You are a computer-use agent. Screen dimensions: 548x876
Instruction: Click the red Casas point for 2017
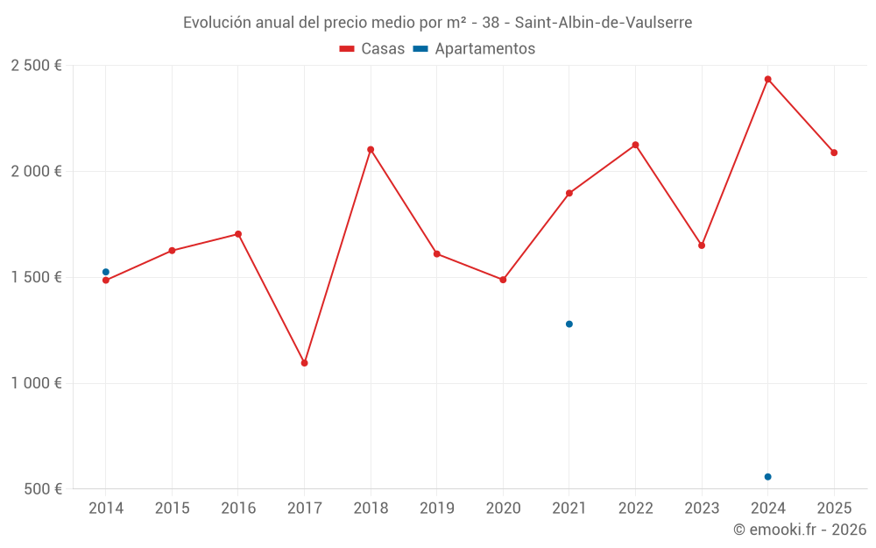tap(304, 363)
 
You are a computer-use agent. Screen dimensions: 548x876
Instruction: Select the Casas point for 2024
tap(767, 80)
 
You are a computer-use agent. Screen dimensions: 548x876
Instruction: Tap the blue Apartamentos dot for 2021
tap(569, 324)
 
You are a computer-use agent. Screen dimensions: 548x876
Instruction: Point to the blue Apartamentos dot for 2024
tap(767, 477)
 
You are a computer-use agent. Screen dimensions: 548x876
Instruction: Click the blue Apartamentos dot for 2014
tap(106, 272)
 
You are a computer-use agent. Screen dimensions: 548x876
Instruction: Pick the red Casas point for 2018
tap(371, 150)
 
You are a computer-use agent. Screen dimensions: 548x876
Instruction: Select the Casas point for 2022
tap(635, 146)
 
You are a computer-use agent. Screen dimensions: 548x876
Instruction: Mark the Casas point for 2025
tap(834, 153)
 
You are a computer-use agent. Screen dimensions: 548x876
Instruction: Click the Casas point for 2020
tap(503, 280)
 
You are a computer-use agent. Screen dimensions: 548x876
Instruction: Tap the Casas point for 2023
tap(702, 246)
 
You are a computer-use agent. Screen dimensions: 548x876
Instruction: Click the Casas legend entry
tap(372, 49)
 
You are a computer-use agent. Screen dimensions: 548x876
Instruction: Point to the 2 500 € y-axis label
tap(36, 66)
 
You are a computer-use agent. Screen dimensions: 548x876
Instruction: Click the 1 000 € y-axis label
tap(36, 383)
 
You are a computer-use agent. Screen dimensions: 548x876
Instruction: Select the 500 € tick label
tap(43, 489)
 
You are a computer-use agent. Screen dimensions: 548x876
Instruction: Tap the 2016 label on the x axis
tap(238, 509)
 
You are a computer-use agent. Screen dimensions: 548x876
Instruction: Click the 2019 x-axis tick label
tap(436, 509)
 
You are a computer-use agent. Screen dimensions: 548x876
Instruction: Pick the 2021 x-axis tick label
tap(569, 509)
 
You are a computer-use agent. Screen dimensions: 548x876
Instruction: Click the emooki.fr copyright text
tap(799, 530)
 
